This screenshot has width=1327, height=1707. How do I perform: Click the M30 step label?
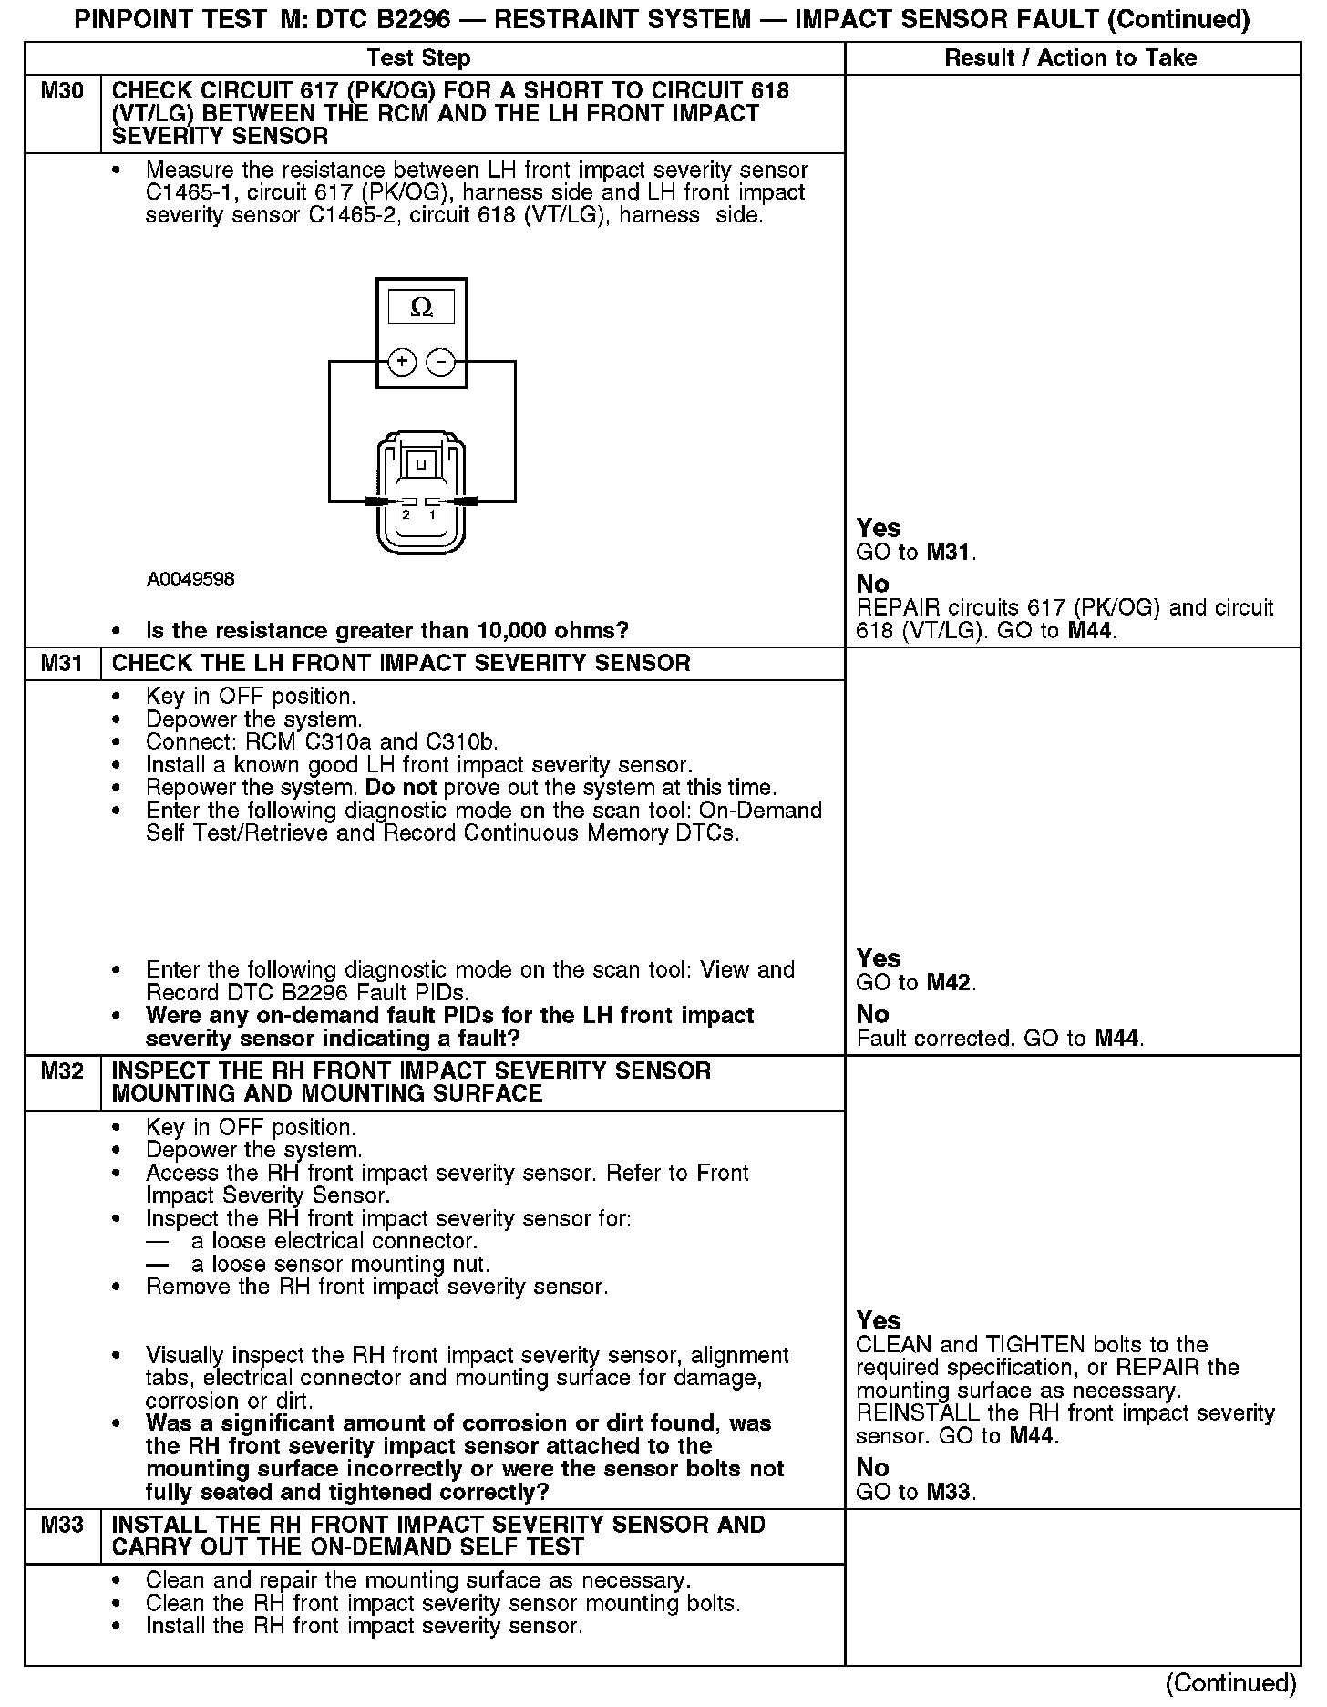(62, 91)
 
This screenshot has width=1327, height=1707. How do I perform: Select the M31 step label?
(62, 663)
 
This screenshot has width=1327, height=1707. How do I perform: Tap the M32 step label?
(62, 1071)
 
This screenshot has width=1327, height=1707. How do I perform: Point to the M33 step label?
(62, 1524)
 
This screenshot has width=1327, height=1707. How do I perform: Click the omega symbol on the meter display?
(421, 307)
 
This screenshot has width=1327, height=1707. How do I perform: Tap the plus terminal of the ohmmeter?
(402, 362)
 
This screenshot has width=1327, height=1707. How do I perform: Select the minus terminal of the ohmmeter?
(440, 362)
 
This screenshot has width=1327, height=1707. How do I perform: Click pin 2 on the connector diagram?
(406, 514)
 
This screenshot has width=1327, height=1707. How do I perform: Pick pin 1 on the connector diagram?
(433, 514)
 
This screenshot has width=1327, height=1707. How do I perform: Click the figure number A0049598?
(190, 580)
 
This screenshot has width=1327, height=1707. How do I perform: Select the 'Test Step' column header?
(418, 58)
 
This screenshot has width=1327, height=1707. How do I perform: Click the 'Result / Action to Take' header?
(1071, 58)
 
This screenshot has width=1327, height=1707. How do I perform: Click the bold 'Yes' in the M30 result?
(879, 528)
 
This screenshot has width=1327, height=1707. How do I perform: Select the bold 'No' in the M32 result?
(872, 1467)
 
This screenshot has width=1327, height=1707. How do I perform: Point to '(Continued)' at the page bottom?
(1230, 1682)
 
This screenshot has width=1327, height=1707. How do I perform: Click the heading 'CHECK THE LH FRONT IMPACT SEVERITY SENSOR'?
(401, 663)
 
